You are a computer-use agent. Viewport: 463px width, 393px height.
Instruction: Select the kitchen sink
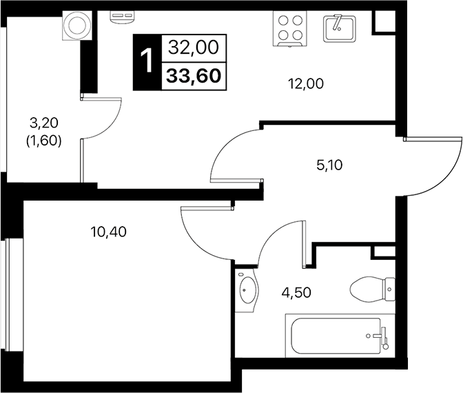coord(338,28)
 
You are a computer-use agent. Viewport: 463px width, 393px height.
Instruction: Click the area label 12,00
coord(305,84)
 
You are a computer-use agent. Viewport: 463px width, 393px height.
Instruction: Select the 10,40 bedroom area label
coord(108,232)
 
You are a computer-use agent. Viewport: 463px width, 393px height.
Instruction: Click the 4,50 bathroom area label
coord(295,292)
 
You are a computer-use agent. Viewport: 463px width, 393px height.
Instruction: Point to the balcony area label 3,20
coord(44,124)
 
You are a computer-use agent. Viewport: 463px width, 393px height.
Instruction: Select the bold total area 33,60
coord(193,74)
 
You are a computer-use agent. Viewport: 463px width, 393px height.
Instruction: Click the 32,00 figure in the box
coord(193,48)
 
